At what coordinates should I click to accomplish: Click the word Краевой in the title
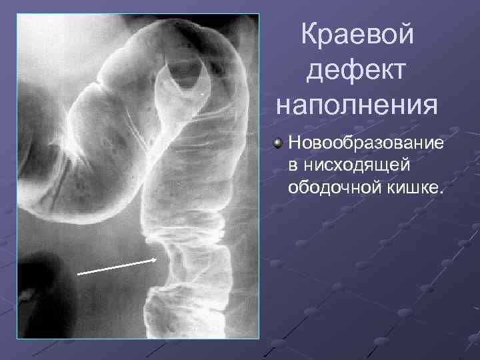[357, 35]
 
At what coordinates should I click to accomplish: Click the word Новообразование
[366, 145]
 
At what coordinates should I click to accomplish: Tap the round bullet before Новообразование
[278, 145]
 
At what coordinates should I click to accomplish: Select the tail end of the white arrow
[78, 273]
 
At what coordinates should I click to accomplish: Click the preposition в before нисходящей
[293, 167]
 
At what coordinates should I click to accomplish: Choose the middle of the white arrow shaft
[117, 267]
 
